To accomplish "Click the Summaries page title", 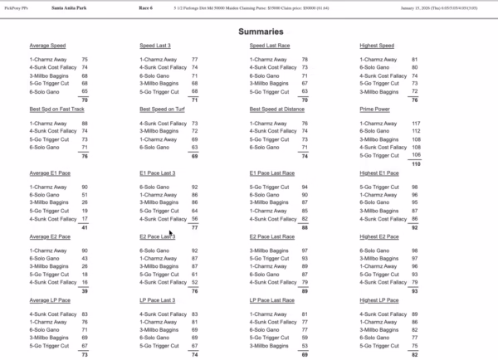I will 248,30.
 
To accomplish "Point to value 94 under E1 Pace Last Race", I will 305,187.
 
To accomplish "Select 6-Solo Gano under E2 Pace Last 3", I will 156,250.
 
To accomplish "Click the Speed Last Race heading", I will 270,46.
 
